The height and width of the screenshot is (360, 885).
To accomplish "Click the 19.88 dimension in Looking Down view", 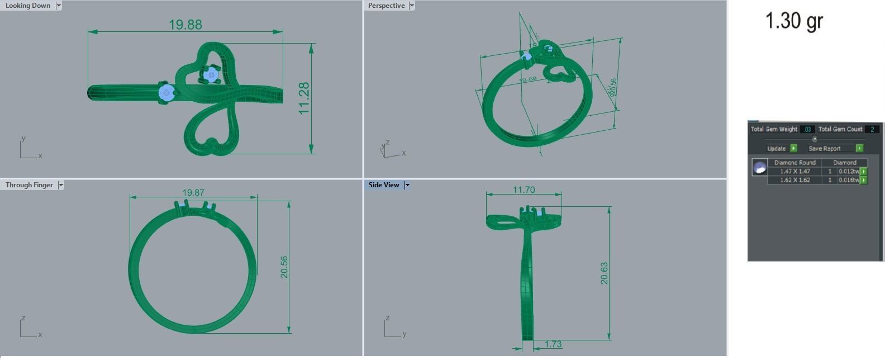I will (x=185, y=25).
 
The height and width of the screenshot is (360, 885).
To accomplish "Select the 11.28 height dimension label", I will (x=304, y=98).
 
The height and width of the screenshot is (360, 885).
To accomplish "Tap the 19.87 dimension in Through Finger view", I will (x=193, y=192).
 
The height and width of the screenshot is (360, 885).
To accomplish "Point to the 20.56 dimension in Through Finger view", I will (x=284, y=267).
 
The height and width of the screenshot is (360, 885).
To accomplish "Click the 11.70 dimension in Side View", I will (x=524, y=190).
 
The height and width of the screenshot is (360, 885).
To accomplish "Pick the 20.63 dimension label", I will (x=604, y=273).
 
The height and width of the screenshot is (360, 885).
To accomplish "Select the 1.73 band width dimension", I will (x=553, y=344).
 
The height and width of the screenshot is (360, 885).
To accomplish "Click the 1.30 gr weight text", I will (x=793, y=21).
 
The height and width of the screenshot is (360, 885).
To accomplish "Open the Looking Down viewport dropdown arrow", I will (x=58, y=6).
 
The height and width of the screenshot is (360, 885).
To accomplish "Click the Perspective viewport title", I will (x=386, y=6).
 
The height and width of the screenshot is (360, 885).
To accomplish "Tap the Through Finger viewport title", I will (x=29, y=185).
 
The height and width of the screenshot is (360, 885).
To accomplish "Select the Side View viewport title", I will (x=384, y=185).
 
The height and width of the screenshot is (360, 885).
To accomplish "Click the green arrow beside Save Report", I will (x=859, y=148).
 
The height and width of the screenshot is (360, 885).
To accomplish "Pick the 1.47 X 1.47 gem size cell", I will (x=795, y=171).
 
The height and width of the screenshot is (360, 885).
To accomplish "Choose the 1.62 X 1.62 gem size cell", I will (x=795, y=180).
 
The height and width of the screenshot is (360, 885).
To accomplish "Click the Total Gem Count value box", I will (x=872, y=129).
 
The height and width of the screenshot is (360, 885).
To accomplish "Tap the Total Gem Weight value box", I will (x=807, y=129).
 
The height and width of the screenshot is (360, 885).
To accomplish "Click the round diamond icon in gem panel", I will (x=759, y=167).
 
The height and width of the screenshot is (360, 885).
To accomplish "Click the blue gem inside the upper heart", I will (x=211, y=75).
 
